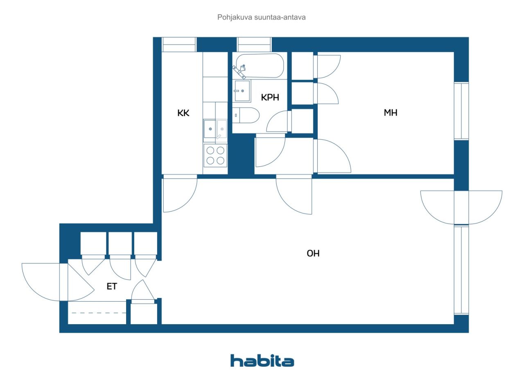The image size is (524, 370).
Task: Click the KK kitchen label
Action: point(183,113)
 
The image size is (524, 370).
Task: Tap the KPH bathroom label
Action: point(270,97)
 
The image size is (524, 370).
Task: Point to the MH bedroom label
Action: point(391,113)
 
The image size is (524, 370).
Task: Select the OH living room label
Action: point(313,253)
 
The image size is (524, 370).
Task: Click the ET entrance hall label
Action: point(112,286)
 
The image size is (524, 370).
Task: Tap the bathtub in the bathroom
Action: point(260,66)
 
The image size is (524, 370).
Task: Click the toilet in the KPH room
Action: point(246,115)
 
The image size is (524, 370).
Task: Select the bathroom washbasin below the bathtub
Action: point(242,91)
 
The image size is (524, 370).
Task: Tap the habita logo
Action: point(262,361)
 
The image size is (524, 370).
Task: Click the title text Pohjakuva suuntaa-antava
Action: point(261,17)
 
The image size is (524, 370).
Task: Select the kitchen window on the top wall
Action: point(179,45)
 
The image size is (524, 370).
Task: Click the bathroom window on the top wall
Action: point(254,45)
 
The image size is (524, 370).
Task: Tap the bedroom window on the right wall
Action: point(461,111)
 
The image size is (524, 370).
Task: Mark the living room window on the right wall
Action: point(461,270)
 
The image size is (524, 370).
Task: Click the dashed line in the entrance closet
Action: point(99,313)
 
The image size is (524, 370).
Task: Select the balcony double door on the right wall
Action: point(461,207)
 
